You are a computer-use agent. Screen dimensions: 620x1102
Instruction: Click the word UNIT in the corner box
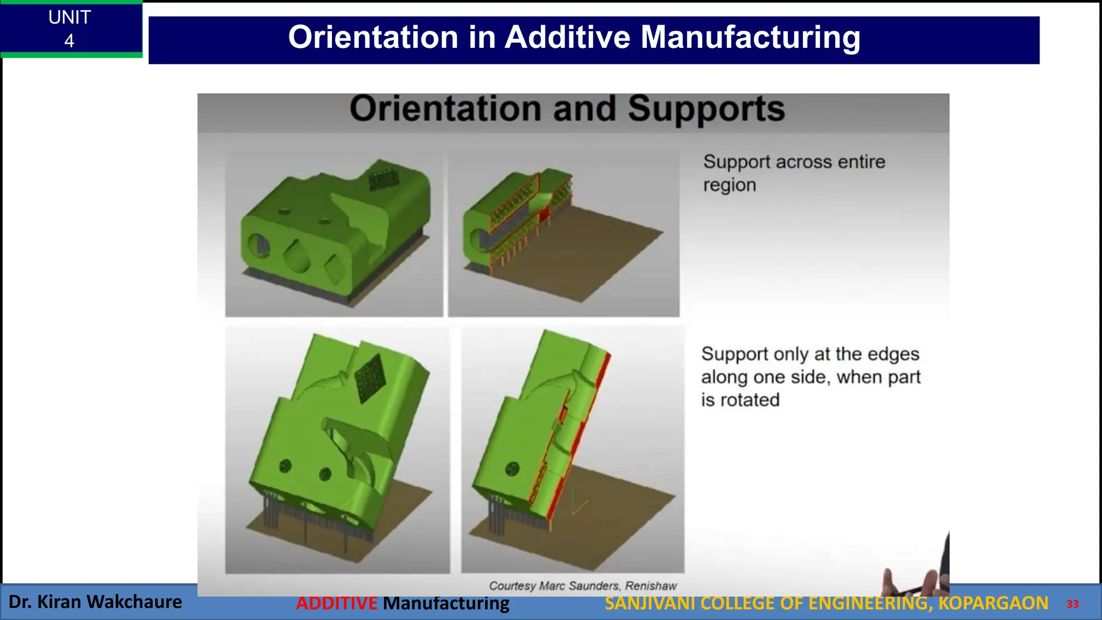[69, 18]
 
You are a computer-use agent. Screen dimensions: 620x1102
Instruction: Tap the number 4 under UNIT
[69, 41]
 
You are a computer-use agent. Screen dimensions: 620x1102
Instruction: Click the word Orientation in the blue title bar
[372, 38]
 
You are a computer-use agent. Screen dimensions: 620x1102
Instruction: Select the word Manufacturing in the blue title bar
[750, 38]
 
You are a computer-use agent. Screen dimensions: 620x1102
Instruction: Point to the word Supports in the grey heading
[706, 109]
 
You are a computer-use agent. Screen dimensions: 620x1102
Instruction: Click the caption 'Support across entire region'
[794, 173]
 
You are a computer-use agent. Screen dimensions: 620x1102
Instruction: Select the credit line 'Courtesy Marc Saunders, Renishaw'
[582, 586]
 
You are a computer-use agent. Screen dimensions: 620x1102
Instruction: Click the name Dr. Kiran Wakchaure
[95, 602]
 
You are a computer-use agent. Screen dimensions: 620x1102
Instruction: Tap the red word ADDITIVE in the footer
[336, 603]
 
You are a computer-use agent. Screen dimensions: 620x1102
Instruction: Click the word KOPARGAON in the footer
[993, 603]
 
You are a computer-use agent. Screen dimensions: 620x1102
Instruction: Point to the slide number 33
[1072, 604]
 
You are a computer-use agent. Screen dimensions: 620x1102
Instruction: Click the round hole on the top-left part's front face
[258, 245]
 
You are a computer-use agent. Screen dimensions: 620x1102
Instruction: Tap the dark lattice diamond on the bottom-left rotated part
[370, 378]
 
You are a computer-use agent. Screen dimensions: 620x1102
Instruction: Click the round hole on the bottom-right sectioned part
[512, 468]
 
